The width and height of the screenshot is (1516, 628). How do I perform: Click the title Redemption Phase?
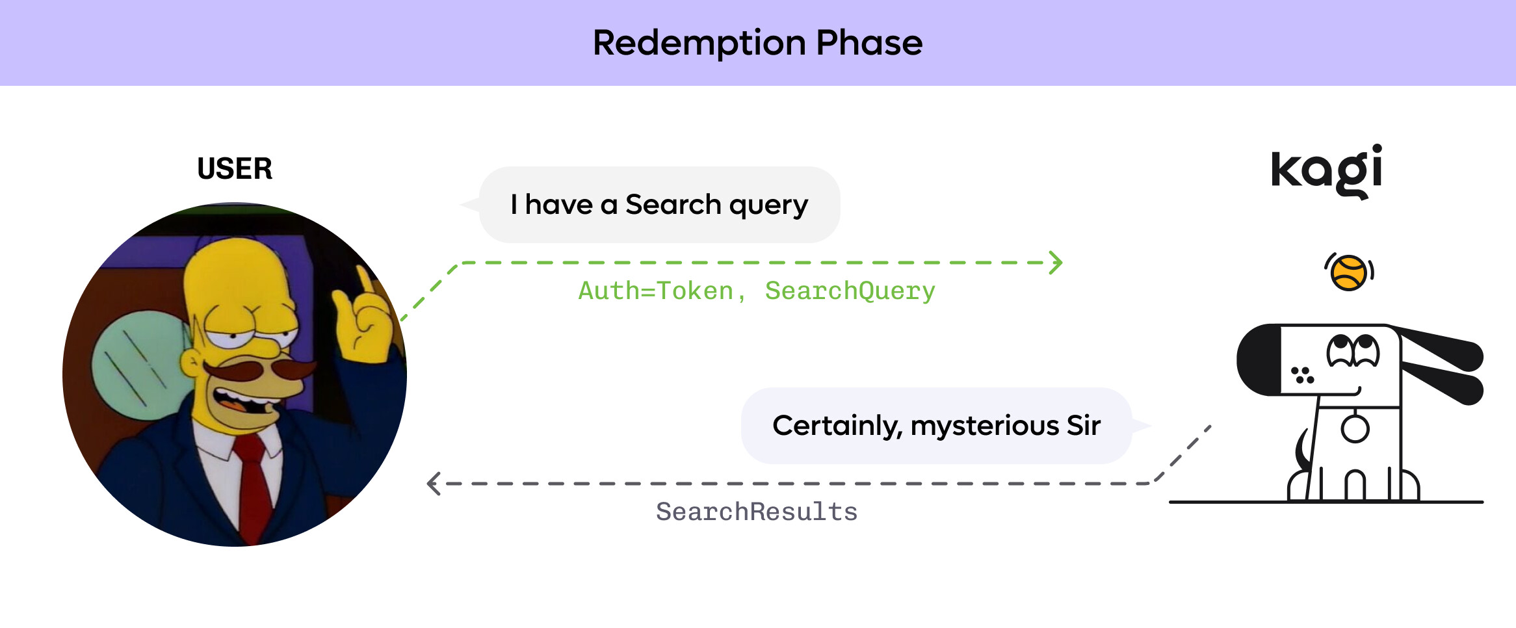[x=757, y=43]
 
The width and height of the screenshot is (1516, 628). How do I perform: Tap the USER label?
[x=235, y=169]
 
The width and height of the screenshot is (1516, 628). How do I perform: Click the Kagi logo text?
[x=1326, y=171]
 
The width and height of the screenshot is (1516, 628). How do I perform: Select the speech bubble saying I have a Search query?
[x=659, y=205]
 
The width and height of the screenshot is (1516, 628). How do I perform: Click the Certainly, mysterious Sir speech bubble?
[x=936, y=426]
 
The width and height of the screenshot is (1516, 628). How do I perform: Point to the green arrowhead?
[x=1056, y=263]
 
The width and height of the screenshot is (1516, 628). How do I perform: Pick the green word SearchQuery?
[x=850, y=291]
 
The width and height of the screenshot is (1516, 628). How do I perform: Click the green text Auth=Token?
[x=655, y=291]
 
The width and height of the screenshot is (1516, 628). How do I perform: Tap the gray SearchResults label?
[x=757, y=512]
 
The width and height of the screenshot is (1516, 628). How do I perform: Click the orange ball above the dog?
[x=1348, y=272]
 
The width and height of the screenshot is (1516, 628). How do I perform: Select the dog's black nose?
[x=1258, y=360]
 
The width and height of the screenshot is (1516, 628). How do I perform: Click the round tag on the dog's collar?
[x=1355, y=429]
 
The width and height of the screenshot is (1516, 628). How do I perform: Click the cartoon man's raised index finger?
[x=365, y=283]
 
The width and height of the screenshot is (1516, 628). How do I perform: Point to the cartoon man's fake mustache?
[x=260, y=372]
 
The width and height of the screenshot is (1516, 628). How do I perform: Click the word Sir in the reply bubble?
[x=1083, y=426]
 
